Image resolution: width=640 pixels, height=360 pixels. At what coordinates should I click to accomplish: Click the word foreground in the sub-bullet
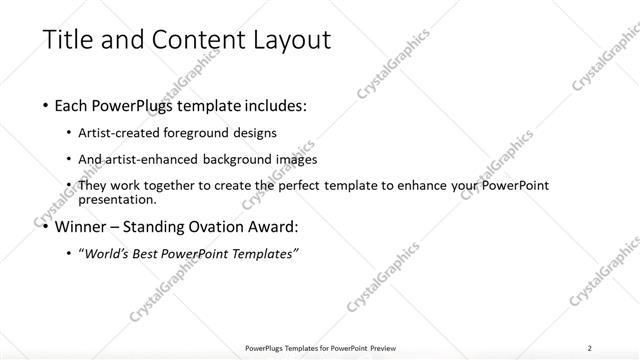195,132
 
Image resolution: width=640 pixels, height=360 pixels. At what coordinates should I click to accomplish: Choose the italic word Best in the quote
152,254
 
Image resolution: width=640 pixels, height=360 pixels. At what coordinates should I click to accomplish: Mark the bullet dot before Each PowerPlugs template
46,105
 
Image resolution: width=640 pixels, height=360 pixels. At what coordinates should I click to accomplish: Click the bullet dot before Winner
46,227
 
